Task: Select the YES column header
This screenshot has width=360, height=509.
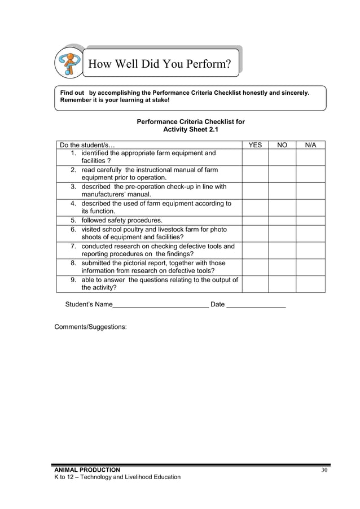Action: tap(255, 145)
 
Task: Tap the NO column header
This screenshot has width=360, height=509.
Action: tap(282, 145)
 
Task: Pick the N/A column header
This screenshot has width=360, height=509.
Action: tap(310, 145)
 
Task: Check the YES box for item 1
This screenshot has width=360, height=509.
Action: tap(255, 157)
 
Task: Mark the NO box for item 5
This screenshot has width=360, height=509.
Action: tap(282, 221)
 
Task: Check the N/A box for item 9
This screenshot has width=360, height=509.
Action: tap(310, 284)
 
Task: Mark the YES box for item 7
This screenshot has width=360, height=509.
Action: tap(255, 251)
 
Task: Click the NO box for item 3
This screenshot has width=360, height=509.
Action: tap(282, 191)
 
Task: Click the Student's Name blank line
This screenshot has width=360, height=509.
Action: tap(161, 305)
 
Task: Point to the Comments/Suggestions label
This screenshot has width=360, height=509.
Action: tap(90, 327)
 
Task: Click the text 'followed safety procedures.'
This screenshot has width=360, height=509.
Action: tap(122, 221)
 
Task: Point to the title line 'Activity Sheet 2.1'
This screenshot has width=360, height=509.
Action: tap(190, 129)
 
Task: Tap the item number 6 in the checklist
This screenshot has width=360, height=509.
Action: tap(73, 230)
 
